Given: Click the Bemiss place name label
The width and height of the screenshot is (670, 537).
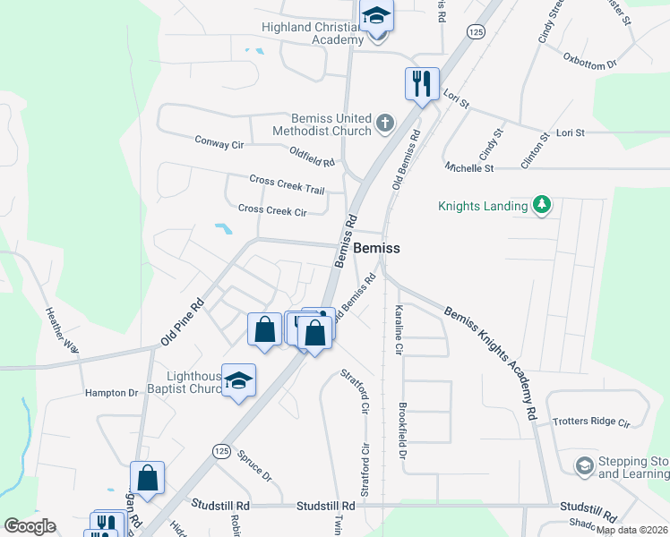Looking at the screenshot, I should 376,248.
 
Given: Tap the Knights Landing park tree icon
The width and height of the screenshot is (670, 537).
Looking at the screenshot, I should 541,206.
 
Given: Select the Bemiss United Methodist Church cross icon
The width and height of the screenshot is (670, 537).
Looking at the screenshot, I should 385,123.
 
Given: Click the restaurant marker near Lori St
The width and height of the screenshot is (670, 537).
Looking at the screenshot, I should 422,84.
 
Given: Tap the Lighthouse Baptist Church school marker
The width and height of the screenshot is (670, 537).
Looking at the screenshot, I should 238,381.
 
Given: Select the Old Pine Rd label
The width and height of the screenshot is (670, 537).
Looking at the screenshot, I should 183,323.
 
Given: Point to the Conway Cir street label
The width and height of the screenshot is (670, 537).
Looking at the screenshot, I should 219,141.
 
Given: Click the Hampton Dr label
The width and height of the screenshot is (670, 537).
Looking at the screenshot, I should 111,393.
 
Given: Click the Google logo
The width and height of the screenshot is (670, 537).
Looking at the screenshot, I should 30,526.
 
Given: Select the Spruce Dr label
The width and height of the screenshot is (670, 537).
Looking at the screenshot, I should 254,466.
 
